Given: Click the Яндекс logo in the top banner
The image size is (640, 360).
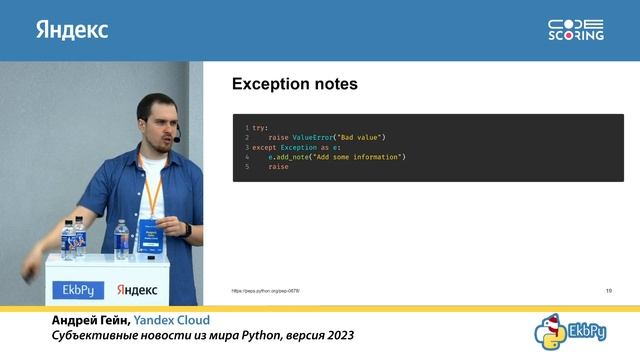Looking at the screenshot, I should [x=72, y=30].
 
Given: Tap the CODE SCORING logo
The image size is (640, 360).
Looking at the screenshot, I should [x=576, y=30].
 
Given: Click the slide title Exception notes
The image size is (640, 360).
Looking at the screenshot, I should [x=295, y=85].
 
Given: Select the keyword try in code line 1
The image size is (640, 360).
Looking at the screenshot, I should [x=260, y=128].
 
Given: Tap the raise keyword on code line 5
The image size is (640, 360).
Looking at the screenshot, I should [x=278, y=166].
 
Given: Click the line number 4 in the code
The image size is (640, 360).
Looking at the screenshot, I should [x=246, y=157].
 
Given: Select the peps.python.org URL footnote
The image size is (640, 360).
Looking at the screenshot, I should [x=266, y=290].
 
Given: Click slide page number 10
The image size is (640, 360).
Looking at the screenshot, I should [x=609, y=290].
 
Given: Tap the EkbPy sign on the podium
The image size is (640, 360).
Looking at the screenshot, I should [x=78, y=290].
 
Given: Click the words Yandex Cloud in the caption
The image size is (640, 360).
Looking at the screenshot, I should [x=179, y=320].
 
